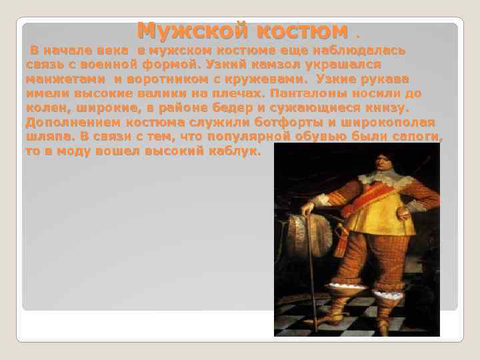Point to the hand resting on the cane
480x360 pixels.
click(308, 209)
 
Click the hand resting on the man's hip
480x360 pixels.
click(404, 213)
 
